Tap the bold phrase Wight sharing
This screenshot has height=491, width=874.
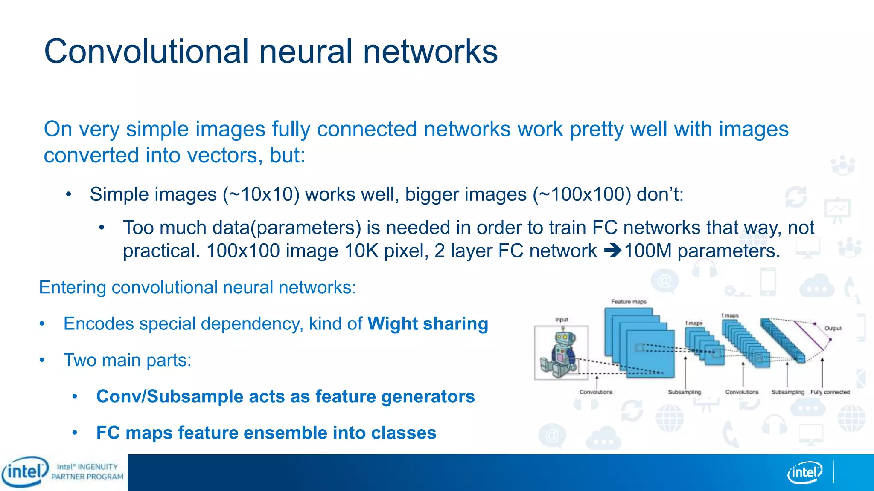click(428, 324)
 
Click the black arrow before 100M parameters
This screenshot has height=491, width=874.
click(613, 251)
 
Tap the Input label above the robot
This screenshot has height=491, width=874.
click(561, 320)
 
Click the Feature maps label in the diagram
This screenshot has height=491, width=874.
click(629, 302)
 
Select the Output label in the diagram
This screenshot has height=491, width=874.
click(833, 329)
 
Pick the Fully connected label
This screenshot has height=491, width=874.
click(830, 392)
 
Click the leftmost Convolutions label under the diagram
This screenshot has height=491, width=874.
click(596, 392)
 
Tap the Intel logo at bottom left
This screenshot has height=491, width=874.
click(25, 472)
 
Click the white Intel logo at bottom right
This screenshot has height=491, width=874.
click(805, 472)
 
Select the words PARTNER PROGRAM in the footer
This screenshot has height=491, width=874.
click(87, 477)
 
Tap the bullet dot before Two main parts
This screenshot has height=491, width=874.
click(42, 361)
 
